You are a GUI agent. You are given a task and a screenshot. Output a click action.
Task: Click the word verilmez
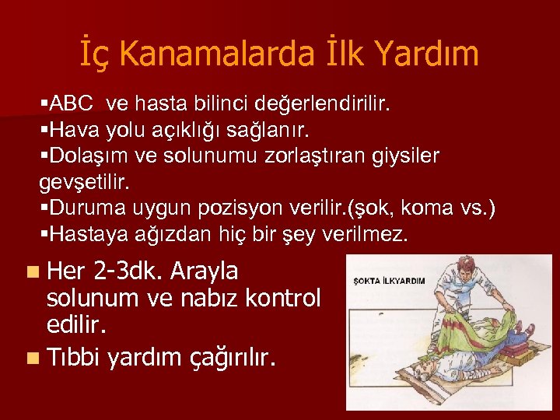click(x=365, y=235)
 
